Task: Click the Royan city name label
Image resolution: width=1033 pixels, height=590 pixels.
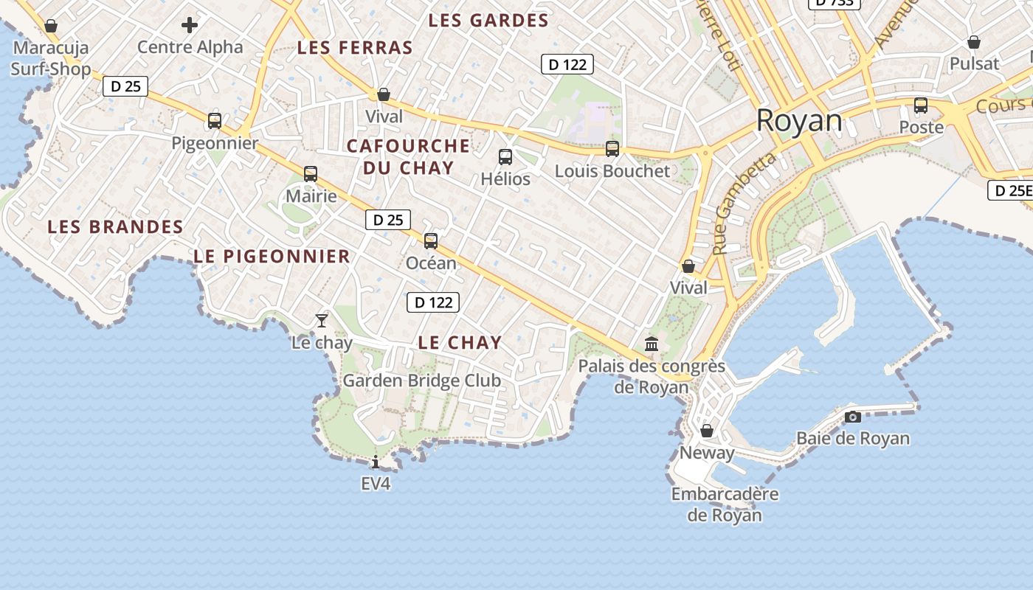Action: [x=799, y=121]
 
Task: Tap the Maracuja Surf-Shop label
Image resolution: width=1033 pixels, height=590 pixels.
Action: [x=51, y=58]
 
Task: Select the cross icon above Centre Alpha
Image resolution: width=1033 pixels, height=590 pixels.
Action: [x=190, y=26]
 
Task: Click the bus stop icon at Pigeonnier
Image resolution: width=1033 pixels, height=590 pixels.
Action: [x=215, y=121]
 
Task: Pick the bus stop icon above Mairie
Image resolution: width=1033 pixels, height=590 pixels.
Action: [x=311, y=174]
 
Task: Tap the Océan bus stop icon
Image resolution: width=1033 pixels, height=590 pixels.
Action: [x=431, y=240]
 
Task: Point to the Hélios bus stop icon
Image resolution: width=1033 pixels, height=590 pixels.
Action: [x=505, y=156]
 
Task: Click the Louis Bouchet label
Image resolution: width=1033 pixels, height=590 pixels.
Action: [x=612, y=171]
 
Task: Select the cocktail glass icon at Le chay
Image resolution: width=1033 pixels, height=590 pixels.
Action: [x=321, y=320]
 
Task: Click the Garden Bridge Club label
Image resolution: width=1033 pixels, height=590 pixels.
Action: [x=422, y=381]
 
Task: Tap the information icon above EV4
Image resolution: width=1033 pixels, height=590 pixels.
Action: [x=376, y=462]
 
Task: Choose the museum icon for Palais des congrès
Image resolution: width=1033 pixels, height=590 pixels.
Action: [x=652, y=344]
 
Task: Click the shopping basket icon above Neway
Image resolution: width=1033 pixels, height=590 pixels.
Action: [x=707, y=431]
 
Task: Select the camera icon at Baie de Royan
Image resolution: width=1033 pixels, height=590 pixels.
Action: [x=853, y=417]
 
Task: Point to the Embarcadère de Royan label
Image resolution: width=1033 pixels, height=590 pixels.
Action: [x=725, y=504]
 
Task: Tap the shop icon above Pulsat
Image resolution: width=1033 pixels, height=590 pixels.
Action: [x=974, y=42]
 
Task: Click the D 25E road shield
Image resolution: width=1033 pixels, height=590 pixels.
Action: [x=1010, y=191]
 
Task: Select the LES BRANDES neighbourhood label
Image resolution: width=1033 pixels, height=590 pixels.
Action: [x=116, y=227]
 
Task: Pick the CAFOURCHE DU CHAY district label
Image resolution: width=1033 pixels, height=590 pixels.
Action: [x=408, y=156]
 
